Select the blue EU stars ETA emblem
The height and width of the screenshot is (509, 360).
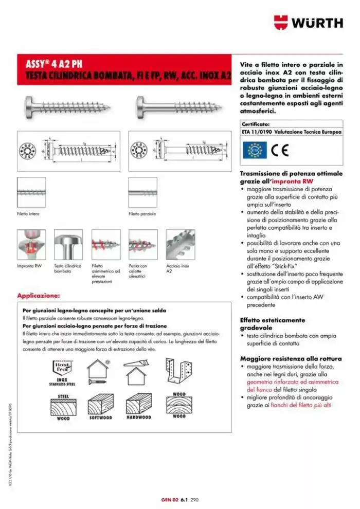click(255, 152)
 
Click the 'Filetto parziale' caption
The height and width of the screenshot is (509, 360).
click(141, 213)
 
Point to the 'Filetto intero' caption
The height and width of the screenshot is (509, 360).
click(28, 213)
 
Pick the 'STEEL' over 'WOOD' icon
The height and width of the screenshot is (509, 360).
click(63, 408)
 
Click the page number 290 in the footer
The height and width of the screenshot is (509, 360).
click(194, 499)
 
